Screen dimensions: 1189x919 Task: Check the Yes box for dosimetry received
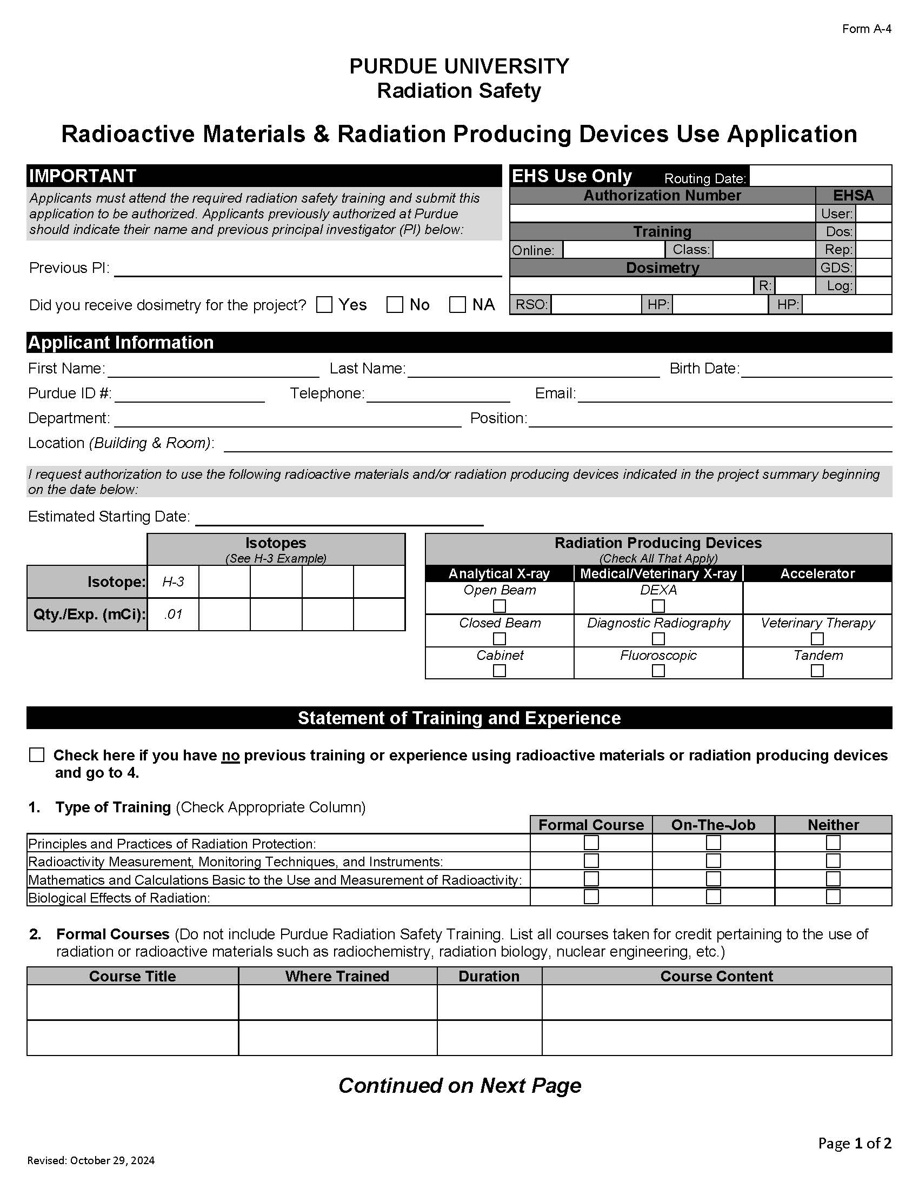pos(324,305)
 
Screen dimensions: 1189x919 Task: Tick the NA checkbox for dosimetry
pos(457,305)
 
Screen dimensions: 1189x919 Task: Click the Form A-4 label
pos(866,29)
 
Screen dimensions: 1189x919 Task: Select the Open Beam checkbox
pos(500,606)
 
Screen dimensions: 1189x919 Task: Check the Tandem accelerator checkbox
pos(817,671)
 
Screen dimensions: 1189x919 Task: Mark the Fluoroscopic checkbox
pos(658,671)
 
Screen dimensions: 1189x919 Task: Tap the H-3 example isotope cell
pos(173,582)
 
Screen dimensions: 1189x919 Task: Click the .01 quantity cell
pos(173,614)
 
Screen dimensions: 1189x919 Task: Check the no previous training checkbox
pos(36,754)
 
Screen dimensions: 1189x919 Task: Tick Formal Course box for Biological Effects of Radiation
pos(591,897)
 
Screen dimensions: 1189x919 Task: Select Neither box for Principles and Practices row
pos(833,843)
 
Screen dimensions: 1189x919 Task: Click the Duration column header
pos(489,976)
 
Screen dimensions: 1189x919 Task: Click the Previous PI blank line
pos(308,270)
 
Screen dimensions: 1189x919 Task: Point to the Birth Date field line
pos(816,370)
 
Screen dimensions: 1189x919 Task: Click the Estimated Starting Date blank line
pos(338,518)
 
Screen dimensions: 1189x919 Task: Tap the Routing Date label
pos(704,178)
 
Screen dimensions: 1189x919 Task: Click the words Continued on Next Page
pos(459,1086)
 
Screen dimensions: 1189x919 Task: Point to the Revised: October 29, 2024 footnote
pos(91,1160)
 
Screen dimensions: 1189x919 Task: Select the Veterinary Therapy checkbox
pos(817,638)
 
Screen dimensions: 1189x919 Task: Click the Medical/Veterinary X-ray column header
pos(658,573)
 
